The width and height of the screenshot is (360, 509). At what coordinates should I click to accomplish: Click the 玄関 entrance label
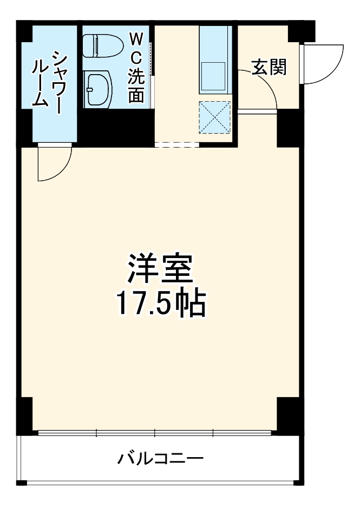pyautogui.click(x=269, y=67)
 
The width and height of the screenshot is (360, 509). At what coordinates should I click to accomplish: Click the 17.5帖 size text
pyautogui.click(x=160, y=305)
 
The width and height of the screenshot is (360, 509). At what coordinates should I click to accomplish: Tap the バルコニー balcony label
pyautogui.click(x=161, y=460)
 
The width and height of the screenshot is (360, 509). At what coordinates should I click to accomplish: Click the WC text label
pyautogui.click(x=135, y=49)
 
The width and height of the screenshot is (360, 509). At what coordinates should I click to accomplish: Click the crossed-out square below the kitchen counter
pyautogui.click(x=215, y=117)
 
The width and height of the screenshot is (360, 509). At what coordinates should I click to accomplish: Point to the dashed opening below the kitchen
pyautogui.click(x=176, y=144)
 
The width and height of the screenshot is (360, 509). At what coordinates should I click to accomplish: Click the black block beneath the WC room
pyautogui.click(x=117, y=127)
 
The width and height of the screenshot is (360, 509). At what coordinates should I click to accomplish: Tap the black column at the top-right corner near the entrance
pyautogui.click(x=300, y=31)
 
